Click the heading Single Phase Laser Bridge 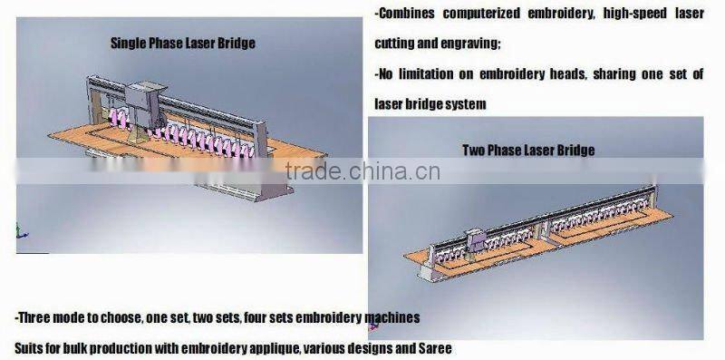coord(182,42)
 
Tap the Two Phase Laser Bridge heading coord(528,150)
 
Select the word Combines coord(409,15)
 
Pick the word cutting coord(395,43)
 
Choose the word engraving coord(470,43)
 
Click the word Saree coord(434,347)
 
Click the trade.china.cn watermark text coord(362,170)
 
